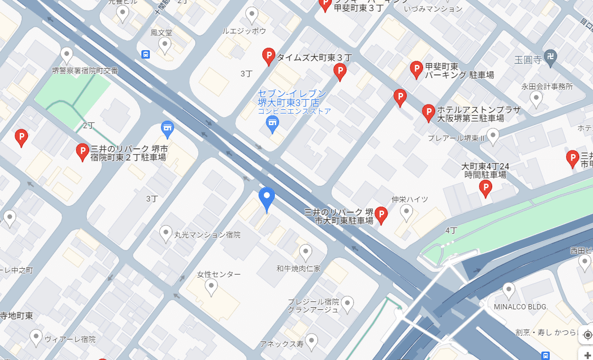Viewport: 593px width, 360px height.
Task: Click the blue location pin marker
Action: [x=267, y=199]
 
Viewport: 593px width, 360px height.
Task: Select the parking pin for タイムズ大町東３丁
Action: [x=269, y=56]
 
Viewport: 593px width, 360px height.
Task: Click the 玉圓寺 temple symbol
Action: [x=550, y=59]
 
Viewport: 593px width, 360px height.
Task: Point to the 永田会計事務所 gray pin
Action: [x=537, y=98]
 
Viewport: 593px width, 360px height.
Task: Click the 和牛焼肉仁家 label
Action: [x=299, y=268]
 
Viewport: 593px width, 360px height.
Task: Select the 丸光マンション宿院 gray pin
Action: [x=166, y=233]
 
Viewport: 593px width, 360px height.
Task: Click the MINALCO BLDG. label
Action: [x=521, y=306]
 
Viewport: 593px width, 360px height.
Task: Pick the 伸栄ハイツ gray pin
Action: [x=406, y=212]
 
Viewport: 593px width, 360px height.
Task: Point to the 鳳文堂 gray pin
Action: [x=165, y=45]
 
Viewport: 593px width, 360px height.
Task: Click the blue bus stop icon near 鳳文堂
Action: [x=146, y=54]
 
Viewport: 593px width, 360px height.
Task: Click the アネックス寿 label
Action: [x=282, y=344]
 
